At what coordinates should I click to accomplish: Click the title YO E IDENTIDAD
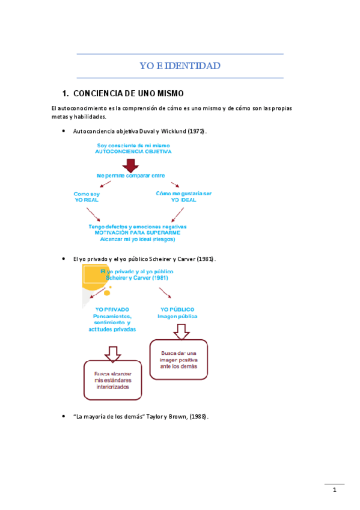click(x=180, y=66)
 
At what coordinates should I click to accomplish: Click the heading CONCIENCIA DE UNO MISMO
click(x=127, y=94)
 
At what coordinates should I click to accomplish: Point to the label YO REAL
click(x=87, y=200)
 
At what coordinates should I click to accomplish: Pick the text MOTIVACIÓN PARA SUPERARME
click(x=138, y=233)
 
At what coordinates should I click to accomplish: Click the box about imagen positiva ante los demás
click(x=178, y=360)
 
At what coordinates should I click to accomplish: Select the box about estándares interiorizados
click(x=112, y=381)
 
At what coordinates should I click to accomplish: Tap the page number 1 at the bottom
click(x=335, y=490)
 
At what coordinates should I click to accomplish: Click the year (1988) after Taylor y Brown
click(x=198, y=416)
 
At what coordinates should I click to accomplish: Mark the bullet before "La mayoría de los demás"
click(x=64, y=416)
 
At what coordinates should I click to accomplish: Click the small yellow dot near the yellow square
click(x=108, y=293)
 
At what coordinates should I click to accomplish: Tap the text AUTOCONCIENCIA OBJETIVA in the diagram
click(x=133, y=152)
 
